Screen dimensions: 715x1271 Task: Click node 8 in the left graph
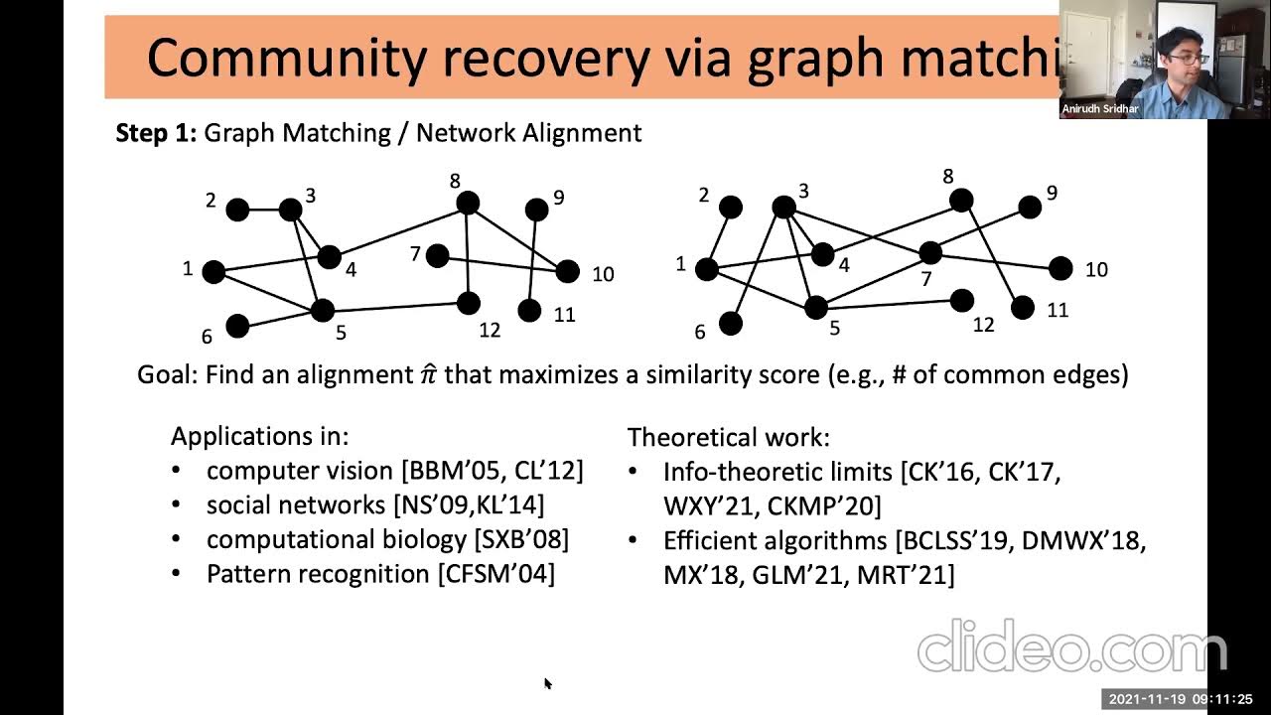[x=468, y=204]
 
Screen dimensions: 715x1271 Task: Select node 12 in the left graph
[x=469, y=303]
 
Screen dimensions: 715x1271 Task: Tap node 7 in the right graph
[x=929, y=253]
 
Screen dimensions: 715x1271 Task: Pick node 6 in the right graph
[x=731, y=323]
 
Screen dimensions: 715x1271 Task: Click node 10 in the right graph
[x=1060, y=268]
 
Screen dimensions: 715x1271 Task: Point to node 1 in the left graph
[x=213, y=271]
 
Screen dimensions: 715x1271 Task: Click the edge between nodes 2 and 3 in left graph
[x=263, y=210]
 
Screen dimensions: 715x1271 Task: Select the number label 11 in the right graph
[x=1058, y=311]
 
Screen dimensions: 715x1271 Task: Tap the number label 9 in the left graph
[x=559, y=198]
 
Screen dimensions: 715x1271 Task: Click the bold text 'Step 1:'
[x=157, y=133]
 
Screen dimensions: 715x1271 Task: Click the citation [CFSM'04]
[x=495, y=574]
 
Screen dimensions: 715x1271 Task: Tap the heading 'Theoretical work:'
[x=729, y=437]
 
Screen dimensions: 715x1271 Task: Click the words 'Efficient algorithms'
[x=776, y=540]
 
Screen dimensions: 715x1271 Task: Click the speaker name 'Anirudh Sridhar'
[x=1100, y=109]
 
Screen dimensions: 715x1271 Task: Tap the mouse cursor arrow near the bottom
[x=547, y=682]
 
